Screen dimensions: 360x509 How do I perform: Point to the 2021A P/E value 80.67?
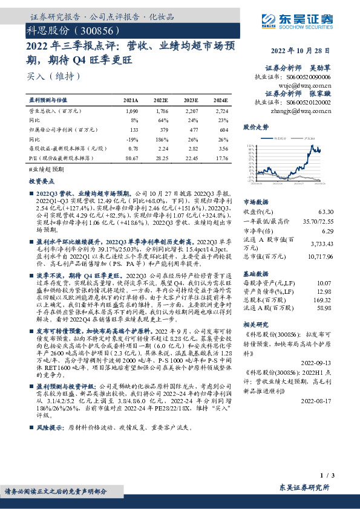coord(131,158)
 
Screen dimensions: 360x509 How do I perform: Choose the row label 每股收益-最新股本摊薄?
coord(65,149)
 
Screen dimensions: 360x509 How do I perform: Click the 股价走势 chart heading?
coord(255,128)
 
